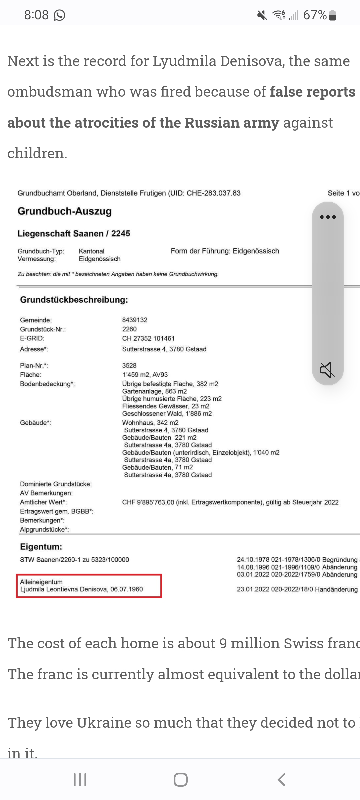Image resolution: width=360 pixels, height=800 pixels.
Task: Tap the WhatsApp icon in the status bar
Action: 59,15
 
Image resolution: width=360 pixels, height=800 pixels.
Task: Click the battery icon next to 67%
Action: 332,15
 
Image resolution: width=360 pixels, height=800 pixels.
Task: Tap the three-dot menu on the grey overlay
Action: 328,217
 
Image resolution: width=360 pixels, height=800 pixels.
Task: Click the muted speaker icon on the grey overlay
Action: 327,370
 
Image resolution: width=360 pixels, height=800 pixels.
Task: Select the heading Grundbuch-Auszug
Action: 65,211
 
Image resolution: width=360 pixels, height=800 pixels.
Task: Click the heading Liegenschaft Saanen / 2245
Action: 74,233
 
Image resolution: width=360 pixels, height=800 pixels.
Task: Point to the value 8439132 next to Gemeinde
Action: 135,320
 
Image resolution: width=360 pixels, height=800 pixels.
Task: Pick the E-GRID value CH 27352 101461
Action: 148,338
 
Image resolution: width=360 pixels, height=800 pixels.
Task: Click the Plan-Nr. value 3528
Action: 129,365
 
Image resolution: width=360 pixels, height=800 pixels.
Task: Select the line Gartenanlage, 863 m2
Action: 154,391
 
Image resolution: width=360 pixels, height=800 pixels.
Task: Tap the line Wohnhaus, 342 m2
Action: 150,423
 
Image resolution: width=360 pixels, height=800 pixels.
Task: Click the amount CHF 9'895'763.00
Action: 148,502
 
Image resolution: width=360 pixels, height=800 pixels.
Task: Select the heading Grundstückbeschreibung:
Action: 74,300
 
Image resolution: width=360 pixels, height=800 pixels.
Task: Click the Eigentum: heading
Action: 41,547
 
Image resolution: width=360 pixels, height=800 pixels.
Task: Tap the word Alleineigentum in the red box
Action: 41,582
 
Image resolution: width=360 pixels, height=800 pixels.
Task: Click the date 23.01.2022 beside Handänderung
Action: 253,589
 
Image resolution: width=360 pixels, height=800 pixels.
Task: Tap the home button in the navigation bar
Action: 180,780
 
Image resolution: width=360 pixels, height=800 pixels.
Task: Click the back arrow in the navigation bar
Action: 282,780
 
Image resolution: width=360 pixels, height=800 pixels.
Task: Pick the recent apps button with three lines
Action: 80,780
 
